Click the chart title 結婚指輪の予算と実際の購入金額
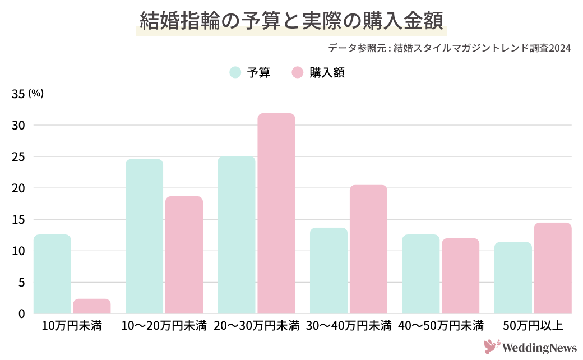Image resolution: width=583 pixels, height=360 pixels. [291, 21]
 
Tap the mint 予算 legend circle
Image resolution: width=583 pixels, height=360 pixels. [235, 72]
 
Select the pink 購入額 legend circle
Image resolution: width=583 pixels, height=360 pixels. [298, 72]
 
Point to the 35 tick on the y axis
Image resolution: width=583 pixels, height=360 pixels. [18, 94]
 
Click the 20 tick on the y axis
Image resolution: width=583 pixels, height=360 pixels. [18, 188]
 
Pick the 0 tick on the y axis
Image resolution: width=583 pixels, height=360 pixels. [21, 313]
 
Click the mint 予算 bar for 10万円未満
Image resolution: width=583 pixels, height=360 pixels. [52, 274]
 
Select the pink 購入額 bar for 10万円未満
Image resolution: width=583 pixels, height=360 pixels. [92, 306]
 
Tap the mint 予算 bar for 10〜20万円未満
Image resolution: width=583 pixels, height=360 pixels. [144, 237]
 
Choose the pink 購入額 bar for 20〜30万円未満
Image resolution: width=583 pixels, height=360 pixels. [276, 214]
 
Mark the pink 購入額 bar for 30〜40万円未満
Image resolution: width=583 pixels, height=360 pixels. [368, 249]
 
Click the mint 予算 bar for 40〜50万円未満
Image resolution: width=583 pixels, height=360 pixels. [421, 274]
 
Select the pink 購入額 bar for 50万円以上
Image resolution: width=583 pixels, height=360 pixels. [553, 268]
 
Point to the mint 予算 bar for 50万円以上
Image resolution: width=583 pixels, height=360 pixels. [513, 278]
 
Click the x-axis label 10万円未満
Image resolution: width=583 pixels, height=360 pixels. [72, 326]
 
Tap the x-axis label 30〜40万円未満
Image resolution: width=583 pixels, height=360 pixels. [349, 326]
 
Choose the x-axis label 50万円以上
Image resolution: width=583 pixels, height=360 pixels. [533, 326]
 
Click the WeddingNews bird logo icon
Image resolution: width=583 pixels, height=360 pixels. [492, 346]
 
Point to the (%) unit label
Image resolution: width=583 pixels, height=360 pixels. [36, 93]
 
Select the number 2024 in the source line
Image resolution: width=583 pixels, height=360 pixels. [560, 48]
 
